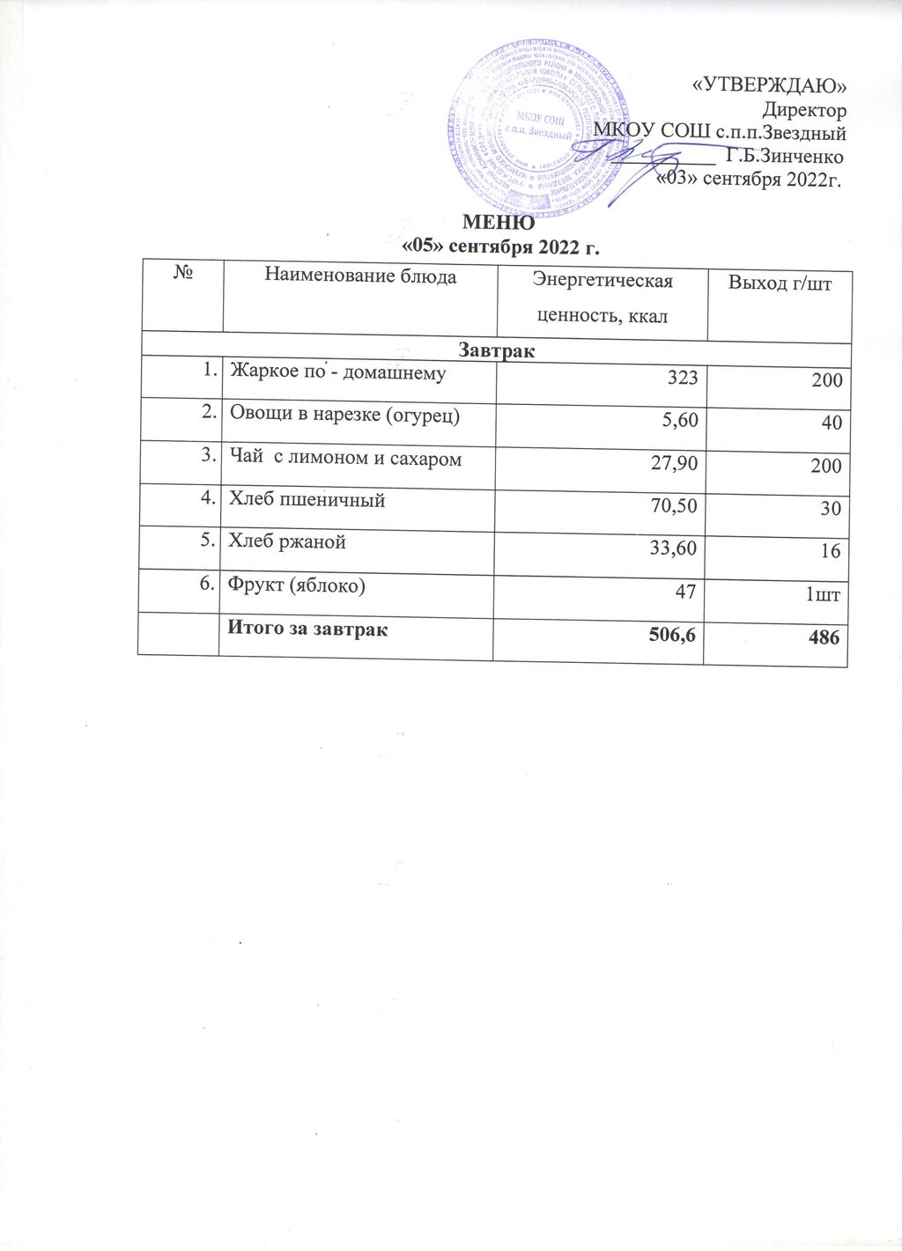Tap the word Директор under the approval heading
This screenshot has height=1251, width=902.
[804, 110]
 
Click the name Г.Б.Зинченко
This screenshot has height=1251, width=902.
[783, 157]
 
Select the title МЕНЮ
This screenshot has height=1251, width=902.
[499, 223]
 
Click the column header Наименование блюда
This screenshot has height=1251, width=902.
[360, 276]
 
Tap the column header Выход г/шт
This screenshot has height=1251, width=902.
[779, 283]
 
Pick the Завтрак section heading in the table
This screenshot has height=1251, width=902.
[497, 350]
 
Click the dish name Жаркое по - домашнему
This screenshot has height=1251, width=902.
[337, 372]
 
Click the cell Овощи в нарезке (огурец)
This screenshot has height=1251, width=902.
[344, 415]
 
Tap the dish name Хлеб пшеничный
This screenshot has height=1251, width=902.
[307, 500]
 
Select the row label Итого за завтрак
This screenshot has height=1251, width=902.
[307, 629]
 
